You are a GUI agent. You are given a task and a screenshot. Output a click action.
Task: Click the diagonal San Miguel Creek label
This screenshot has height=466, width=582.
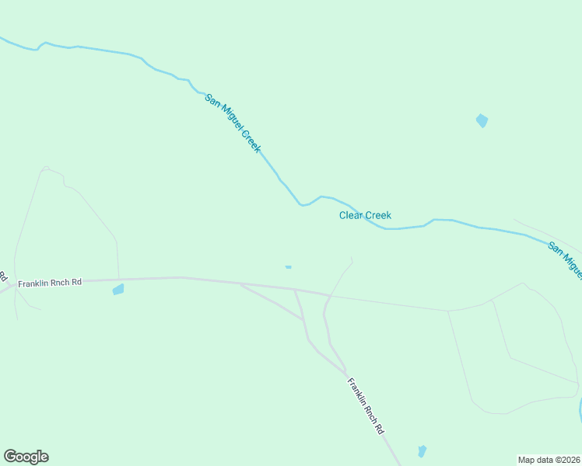pos(233,123)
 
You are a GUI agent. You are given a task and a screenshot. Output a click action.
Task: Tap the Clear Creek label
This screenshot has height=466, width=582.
pos(365,215)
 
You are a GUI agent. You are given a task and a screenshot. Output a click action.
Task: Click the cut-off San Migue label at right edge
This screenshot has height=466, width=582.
pos(566,259)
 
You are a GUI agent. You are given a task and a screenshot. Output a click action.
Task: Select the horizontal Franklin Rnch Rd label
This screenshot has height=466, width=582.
pos(50,283)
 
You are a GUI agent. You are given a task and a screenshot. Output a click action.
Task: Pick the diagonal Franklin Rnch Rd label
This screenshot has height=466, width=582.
pos(366,405)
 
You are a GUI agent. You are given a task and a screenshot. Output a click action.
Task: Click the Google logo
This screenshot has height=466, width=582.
pos(26,457)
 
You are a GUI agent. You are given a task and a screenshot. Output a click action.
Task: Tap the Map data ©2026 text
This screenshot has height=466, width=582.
pos(549,459)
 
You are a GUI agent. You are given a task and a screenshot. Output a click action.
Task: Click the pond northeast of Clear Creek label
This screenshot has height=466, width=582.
pos(482,120)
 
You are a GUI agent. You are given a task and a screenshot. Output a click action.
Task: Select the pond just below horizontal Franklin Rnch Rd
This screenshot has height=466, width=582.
pos(118,290)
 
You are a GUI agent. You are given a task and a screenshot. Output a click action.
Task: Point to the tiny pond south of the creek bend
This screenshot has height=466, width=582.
pos(288,267)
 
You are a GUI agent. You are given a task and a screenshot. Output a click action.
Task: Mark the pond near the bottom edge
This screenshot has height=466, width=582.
pos(422,451)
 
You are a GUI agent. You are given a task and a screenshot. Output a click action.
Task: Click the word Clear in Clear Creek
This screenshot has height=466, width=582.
pos(351,215)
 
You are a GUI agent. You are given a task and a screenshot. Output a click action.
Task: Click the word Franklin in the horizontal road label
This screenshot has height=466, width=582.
pos(34,283)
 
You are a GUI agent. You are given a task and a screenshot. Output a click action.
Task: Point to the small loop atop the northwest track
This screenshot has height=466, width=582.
pos(46,169)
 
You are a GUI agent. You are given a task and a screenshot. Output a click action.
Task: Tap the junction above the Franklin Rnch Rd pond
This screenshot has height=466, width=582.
pos(118,278)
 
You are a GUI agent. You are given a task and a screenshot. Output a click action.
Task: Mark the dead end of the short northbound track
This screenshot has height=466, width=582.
pos(352,258)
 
